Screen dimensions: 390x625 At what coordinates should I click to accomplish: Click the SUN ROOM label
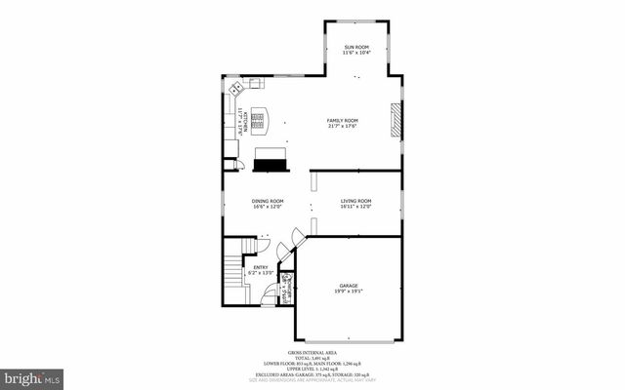tap(355, 47)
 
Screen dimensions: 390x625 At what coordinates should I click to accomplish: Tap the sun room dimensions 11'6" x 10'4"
tap(355, 53)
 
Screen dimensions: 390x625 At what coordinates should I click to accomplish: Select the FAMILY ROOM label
tap(343, 120)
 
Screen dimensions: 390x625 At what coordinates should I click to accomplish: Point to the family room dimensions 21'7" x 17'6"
tap(343, 126)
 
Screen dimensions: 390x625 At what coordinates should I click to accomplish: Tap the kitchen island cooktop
tap(259, 120)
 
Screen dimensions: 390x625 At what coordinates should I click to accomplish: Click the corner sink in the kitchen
tap(234, 89)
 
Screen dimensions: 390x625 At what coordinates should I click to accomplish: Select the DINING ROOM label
tap(268, 201)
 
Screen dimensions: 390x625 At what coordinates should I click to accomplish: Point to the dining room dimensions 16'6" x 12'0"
tap(268, 207)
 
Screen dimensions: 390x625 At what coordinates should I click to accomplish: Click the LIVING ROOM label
tap(356, 201)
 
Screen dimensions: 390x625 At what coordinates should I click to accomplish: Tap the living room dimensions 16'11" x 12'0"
tap(356, 207)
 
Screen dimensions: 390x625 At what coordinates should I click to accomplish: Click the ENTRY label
tap(261, 267)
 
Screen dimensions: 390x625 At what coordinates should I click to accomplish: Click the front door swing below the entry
tap(268, 300)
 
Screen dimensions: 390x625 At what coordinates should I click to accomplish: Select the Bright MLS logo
tap(33, 375)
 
